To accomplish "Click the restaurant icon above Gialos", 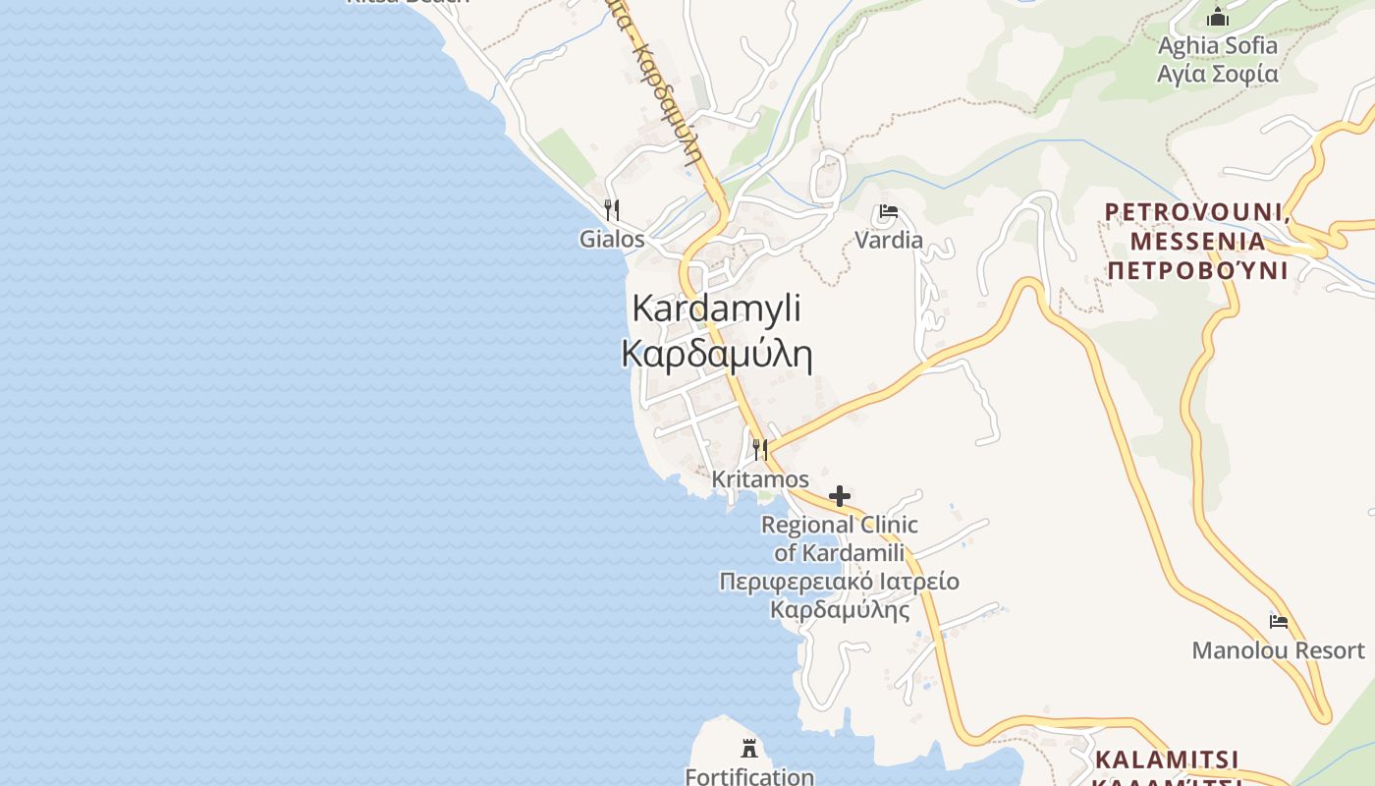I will pos(611,209).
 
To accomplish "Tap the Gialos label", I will pos(612,239).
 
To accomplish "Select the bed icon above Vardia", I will pos(889,211).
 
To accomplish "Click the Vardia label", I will pos(889,240).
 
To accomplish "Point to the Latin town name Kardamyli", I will pos(716,308).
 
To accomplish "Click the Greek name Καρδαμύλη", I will pos(716,354).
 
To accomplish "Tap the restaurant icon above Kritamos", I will pos(759,449).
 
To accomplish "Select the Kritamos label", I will pos(760,479).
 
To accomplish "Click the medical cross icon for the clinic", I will pos(839,496).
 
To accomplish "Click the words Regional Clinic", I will pos(839,525).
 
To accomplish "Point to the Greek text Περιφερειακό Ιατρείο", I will pos(839,582).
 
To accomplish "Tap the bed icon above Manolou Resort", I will pos(1278,621).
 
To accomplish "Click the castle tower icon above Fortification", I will pos(749,749).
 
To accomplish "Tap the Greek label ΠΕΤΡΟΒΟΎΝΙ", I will pos(1196,270).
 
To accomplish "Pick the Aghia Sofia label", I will pos(1218,45).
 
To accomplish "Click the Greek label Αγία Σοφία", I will pos(1218,74).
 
